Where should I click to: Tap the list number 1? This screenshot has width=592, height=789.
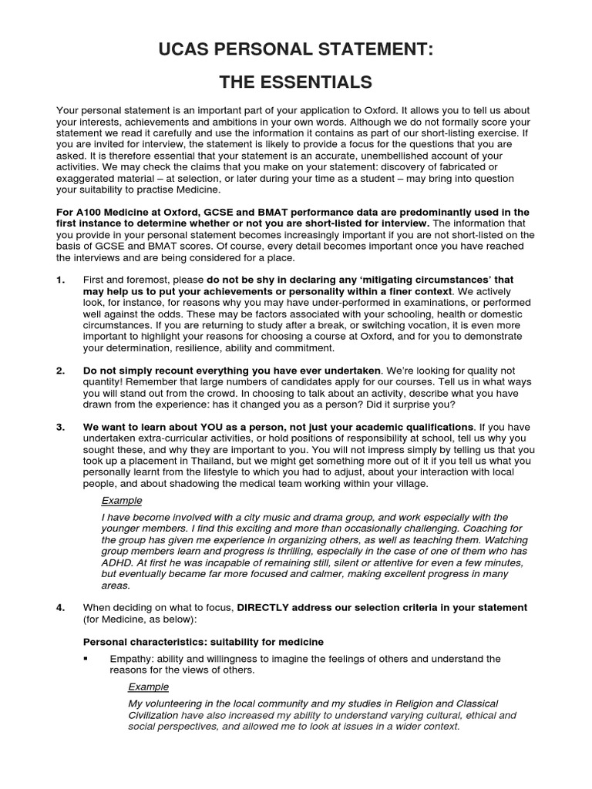coord(60,279)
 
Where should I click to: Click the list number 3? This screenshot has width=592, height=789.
coord(60,426)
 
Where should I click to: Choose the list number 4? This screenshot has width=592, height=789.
coord(60,607)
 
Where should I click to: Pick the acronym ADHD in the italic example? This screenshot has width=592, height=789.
coord(116,562)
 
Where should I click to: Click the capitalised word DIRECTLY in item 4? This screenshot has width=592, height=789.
coord(266,607)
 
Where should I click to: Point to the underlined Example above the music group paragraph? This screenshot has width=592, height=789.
coord(122,500)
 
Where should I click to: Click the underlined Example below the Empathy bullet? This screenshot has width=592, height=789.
coord(148,687)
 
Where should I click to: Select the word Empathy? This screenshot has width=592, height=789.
coord(131,659)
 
